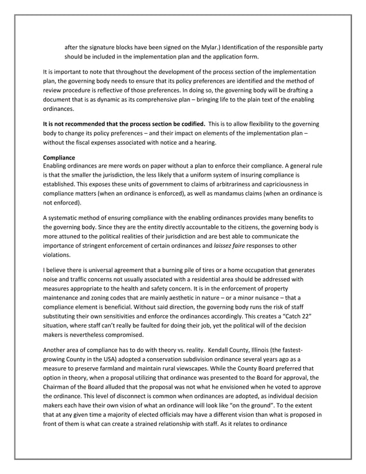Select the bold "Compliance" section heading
coord(60,156)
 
